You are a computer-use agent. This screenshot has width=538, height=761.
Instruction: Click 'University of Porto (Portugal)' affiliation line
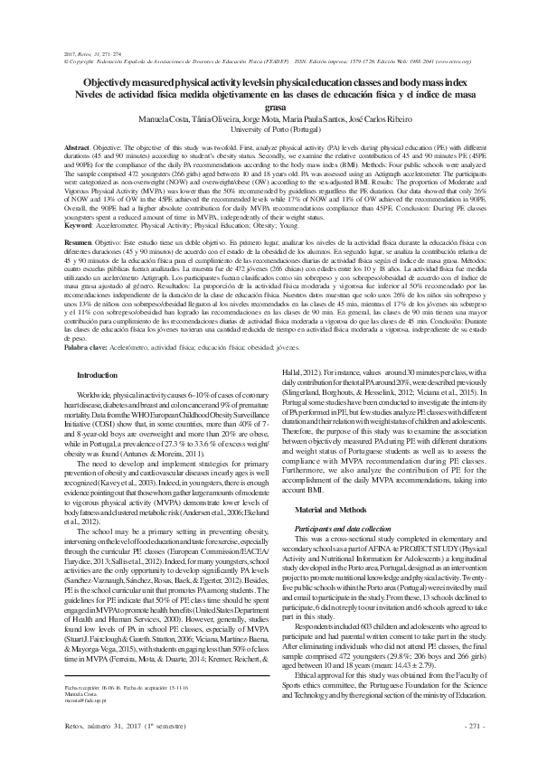269,129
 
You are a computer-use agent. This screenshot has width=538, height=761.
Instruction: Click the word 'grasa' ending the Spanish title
269,106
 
